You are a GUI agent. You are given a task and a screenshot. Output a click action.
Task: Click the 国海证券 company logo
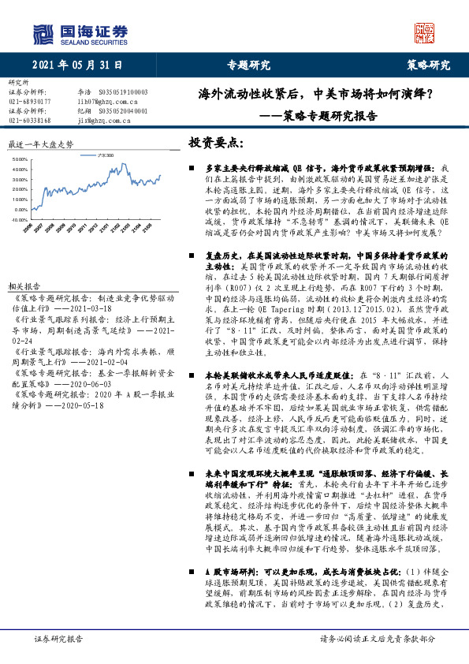(x=80, y=33)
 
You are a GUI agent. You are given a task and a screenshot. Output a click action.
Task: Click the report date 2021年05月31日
(x=72, y=65)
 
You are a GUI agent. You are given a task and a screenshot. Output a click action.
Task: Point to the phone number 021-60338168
(x=29, y=120)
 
